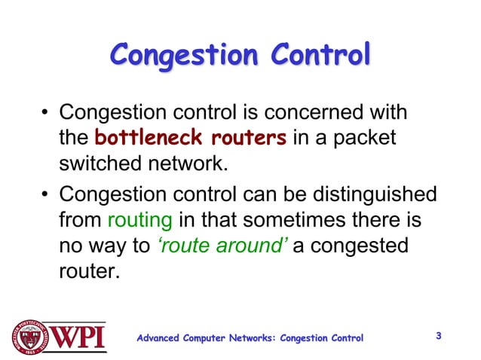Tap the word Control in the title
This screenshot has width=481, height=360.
(x=321, y=55)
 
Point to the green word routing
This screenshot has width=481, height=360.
(x=140, y=221)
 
